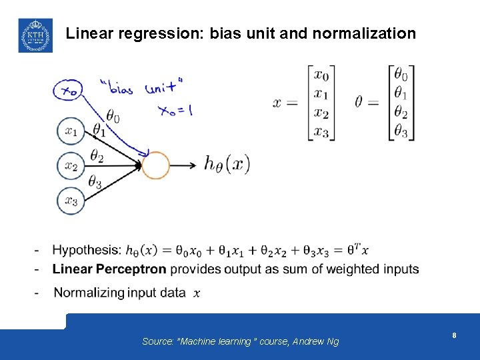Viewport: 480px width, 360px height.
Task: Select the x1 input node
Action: [x=71, y=131]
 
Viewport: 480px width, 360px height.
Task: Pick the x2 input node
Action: [x=71, y=166]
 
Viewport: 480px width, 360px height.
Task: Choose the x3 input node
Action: [x=71, y=201]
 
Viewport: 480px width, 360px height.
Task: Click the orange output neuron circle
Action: [x=156, y=165]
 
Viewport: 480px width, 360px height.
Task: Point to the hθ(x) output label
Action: [x=227, y=164]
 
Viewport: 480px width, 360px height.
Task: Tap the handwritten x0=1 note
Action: [x=175, y=110]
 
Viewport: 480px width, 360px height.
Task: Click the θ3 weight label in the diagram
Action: [x=95, y=181]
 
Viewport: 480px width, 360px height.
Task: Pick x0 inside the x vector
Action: [x=321, y=74]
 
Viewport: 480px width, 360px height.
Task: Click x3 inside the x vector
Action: [x=321, y=132]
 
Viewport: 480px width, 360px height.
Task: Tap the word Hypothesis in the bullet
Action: [x=87, y=250]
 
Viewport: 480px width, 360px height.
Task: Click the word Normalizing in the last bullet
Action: [x=89, y=293]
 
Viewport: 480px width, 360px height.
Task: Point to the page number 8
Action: [x=454, y=335]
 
